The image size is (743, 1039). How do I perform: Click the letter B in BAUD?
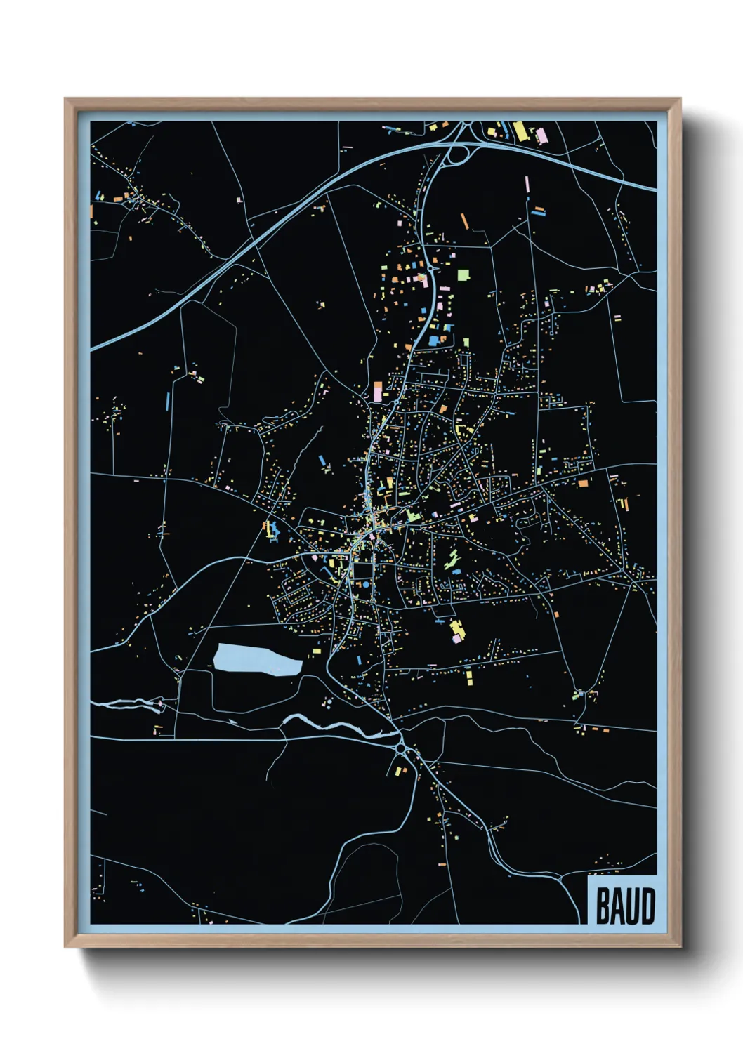point(602,906)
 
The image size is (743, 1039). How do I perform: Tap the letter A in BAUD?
point(616,906)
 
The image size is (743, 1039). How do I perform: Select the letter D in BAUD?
point(647,906)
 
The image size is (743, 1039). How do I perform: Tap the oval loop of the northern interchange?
point(457,153)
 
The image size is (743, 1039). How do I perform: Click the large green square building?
point(463,274)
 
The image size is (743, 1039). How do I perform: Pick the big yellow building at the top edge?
point(520,131)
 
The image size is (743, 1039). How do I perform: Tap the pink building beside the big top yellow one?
point(541,134)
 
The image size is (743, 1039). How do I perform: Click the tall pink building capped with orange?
point(378,392)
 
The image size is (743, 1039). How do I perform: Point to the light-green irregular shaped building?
point(452,559)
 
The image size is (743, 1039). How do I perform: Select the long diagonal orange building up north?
point(463,220)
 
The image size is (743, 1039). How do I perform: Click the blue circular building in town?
point(365,584)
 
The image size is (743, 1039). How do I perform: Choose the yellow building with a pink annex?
point(456,630)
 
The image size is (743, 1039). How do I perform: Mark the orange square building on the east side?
point(582,483)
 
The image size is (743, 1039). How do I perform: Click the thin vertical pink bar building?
point(527,185)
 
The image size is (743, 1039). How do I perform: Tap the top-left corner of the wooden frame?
point(65,99)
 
